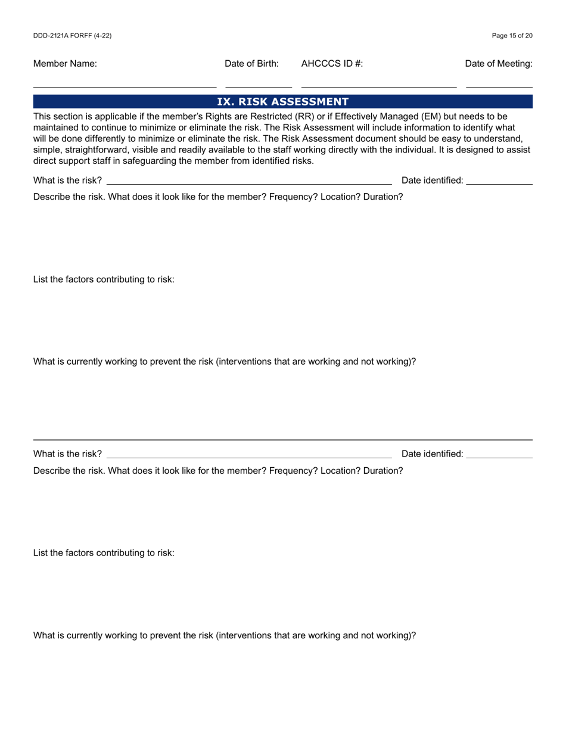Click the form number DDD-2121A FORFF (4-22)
[72, 36]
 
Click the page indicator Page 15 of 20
[512, 36]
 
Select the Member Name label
[65, 64]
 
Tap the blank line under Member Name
[125, 87]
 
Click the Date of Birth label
[251, 64]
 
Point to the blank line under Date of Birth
[259, 87]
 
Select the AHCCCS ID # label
[332, 64]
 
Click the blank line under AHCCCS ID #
[379, 87]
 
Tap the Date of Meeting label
[499, 64]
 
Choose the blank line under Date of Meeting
[499, 87]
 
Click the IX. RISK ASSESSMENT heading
[282, 102]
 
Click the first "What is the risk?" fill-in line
[248, 184]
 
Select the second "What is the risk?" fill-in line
[248, 457]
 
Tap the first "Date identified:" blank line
[499, 184]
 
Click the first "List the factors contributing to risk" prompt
[104, 279]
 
